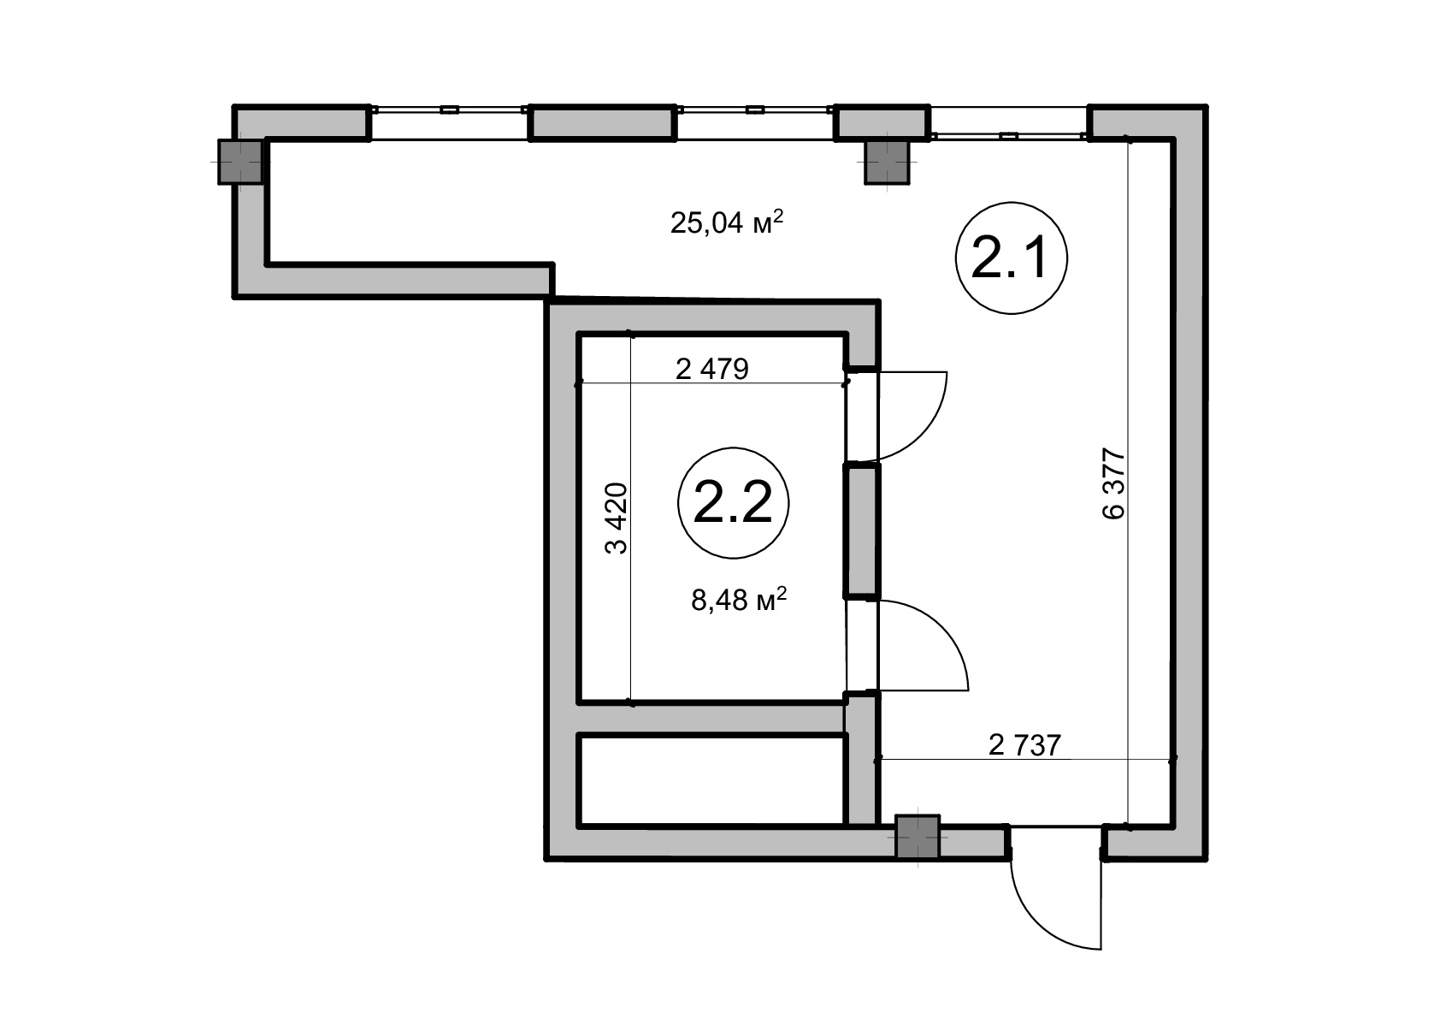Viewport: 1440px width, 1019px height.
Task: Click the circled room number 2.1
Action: [1012, 258]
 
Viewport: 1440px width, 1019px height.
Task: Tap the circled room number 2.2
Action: [734, 504]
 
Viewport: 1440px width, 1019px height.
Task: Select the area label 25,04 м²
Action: [727, 222]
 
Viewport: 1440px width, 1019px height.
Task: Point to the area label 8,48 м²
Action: [739, 599]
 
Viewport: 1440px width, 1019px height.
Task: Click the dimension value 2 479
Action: [712, 370]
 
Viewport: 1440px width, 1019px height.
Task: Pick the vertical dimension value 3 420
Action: [616, 518]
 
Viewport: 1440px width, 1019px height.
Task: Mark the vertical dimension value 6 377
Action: [1114, 483]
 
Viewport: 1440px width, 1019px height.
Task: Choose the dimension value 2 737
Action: [1024, 745]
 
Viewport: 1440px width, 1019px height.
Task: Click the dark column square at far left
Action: [241, 162]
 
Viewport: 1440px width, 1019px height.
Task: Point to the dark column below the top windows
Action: [887, 163]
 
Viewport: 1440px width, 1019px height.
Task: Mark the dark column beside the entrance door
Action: [918, 837]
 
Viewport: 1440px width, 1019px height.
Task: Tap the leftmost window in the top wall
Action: [450, 122]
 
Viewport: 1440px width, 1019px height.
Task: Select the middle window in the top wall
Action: [755, 122]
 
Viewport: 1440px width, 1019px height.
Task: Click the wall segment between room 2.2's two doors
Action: [861, 530]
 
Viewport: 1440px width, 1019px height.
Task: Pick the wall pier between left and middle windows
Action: [602, 122]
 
